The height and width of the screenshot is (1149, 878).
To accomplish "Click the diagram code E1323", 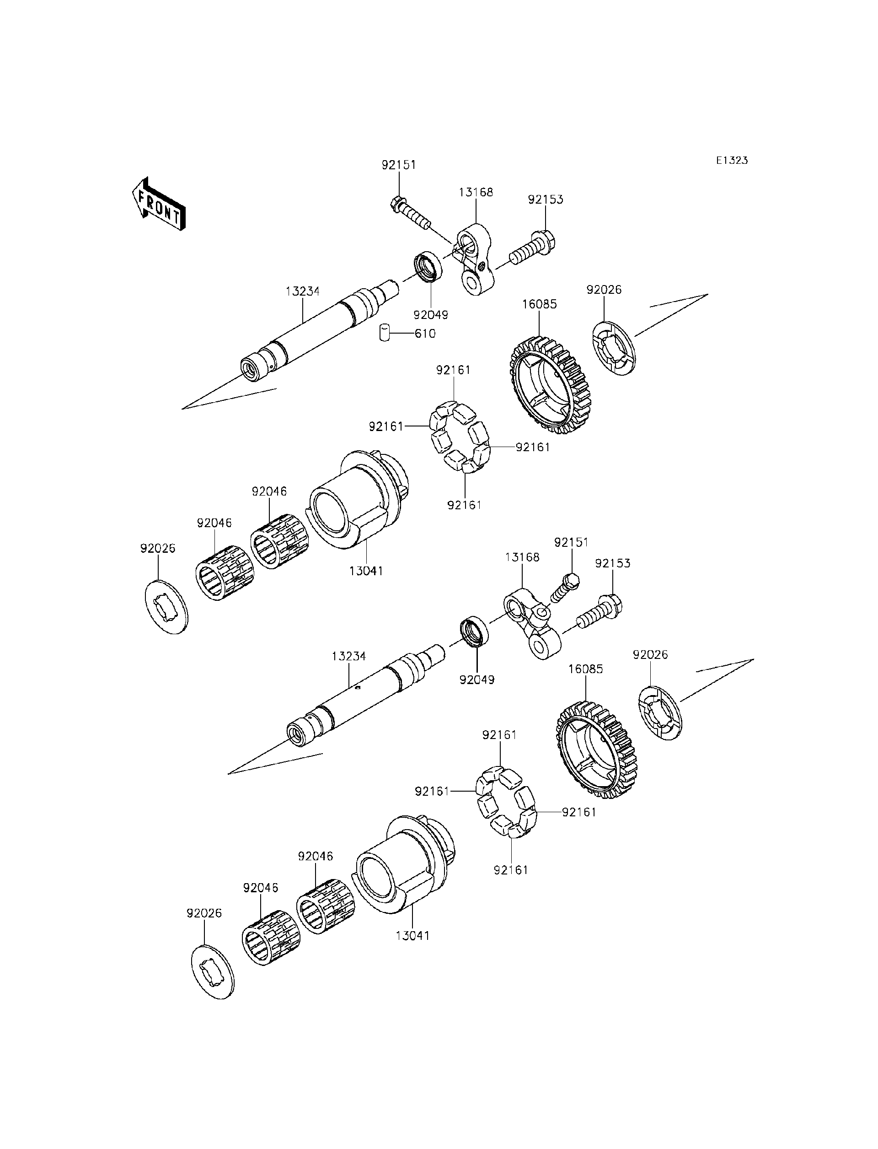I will coord(732,161).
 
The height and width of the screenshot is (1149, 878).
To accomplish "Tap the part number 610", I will coord(425,334).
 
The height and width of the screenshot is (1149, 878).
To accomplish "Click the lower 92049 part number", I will coord(477,680).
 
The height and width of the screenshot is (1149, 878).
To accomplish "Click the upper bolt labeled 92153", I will coord(533,251).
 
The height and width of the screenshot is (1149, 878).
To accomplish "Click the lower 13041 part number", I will coord(412,936).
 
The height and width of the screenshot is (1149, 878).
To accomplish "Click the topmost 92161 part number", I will coord(454,370).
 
